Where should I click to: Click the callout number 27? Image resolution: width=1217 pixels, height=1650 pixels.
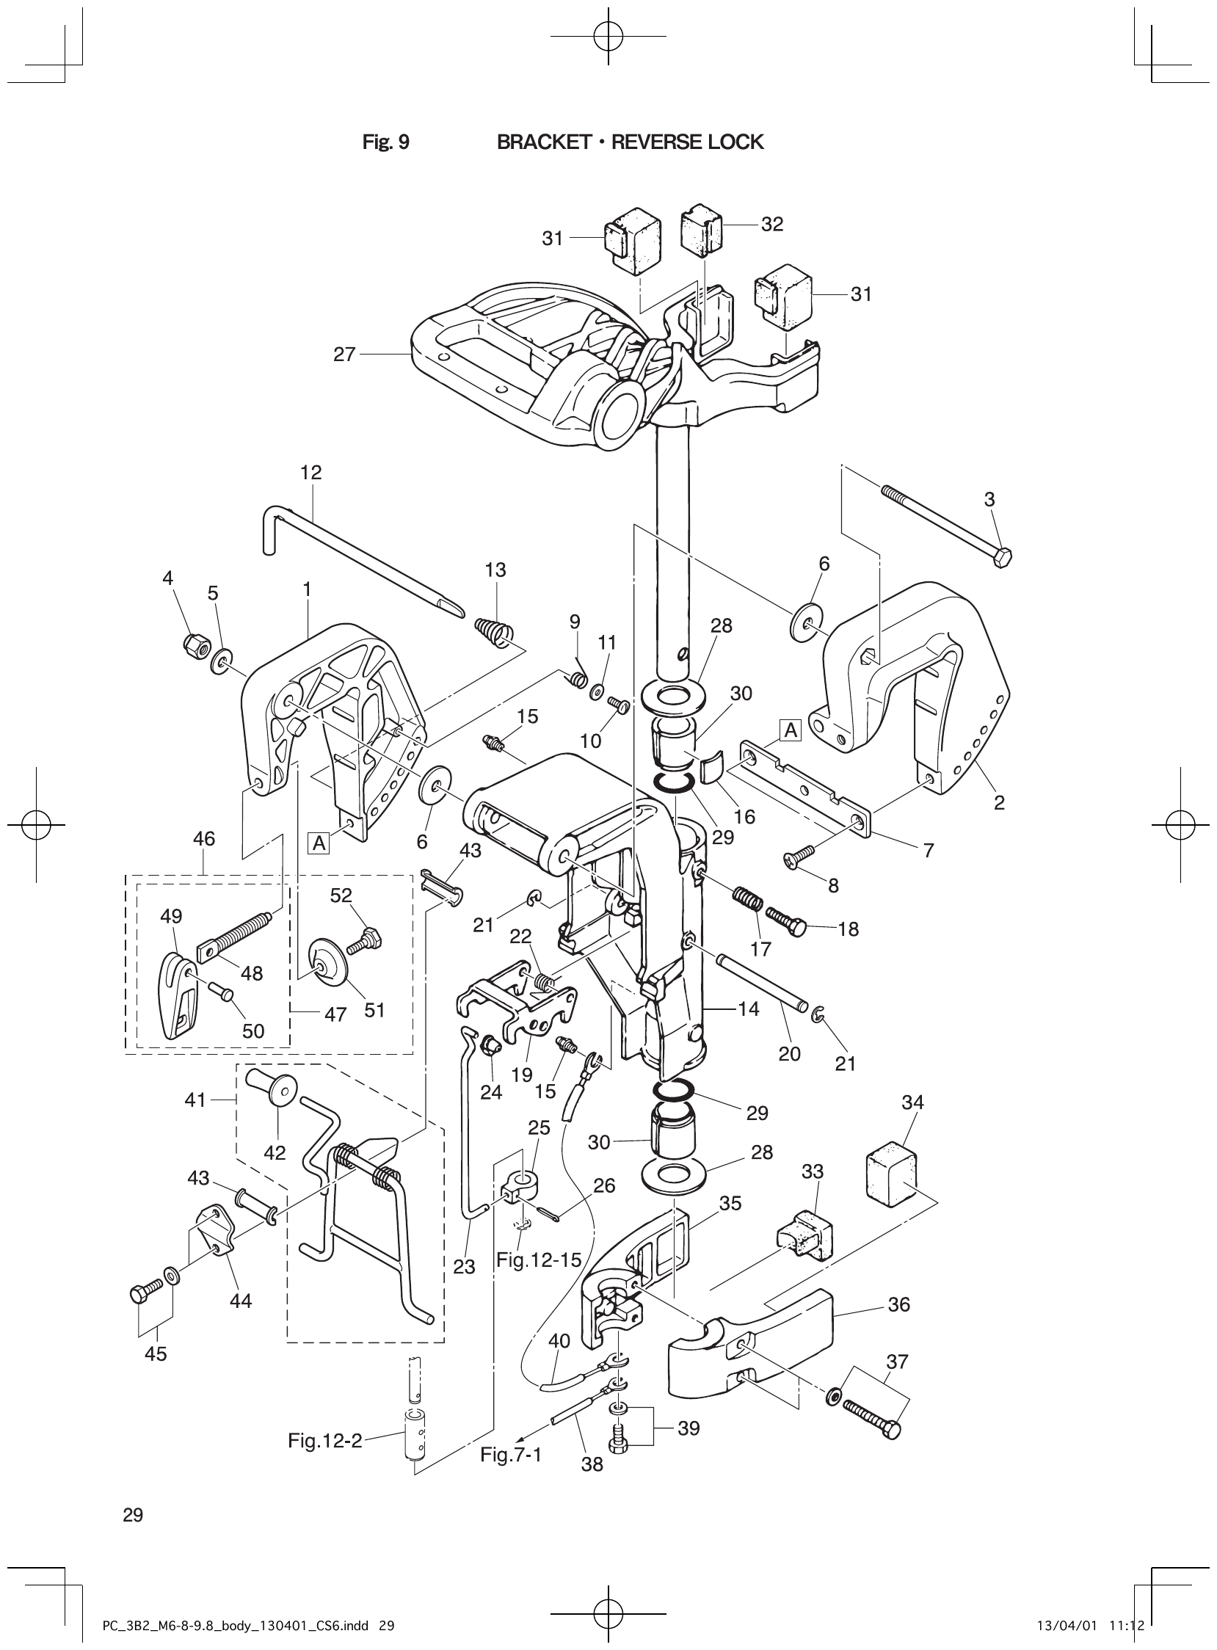pyautogui.click(x=345, y=355)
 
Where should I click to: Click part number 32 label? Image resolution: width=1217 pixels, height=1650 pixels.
pyautogui.click(x=772, y=225)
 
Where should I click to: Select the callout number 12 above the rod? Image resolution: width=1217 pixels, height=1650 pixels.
pyautogui.click(x=311, y=473)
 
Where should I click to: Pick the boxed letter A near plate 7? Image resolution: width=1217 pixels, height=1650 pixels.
pyautogui.click(x=791, y=731)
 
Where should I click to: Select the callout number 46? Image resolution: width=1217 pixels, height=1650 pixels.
pyautogui.click(x=204, y=839)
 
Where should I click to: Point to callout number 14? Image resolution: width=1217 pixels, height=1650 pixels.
pyautogui.click(x=748, y=1008)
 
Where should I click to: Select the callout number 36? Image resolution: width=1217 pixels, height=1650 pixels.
pyautogui.click(x=899, y=1304)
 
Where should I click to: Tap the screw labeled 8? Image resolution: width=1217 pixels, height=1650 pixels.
pyautogui.click(x=802, y=854)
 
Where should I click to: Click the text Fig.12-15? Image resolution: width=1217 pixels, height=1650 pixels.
pyautogui.click(x=539, y=1260)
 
